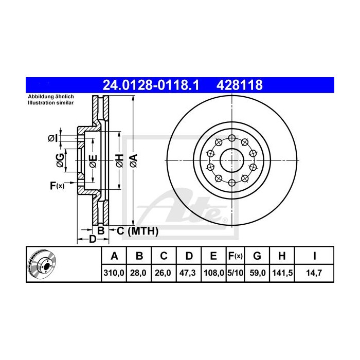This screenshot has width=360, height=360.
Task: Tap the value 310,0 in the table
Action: [115, 273]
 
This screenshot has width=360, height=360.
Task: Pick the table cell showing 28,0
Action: [139, 273]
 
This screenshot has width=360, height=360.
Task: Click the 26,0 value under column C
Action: [163, 273]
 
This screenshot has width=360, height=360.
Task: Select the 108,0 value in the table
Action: [213, 273]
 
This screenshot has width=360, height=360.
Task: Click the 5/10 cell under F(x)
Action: [235, 273]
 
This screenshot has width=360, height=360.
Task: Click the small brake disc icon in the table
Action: [42, 264]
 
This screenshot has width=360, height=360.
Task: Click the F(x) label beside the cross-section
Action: [57, 186]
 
